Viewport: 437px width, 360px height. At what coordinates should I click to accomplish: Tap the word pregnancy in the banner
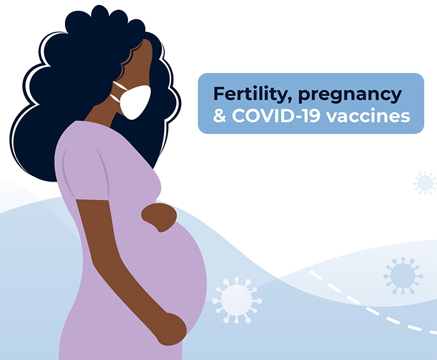coord(350,95)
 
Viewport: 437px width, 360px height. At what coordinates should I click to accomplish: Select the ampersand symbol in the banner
coord(219,116)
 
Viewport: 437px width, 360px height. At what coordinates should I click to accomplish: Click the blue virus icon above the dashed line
coord(403,275)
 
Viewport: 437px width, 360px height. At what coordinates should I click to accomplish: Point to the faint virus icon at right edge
coord(426,183)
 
